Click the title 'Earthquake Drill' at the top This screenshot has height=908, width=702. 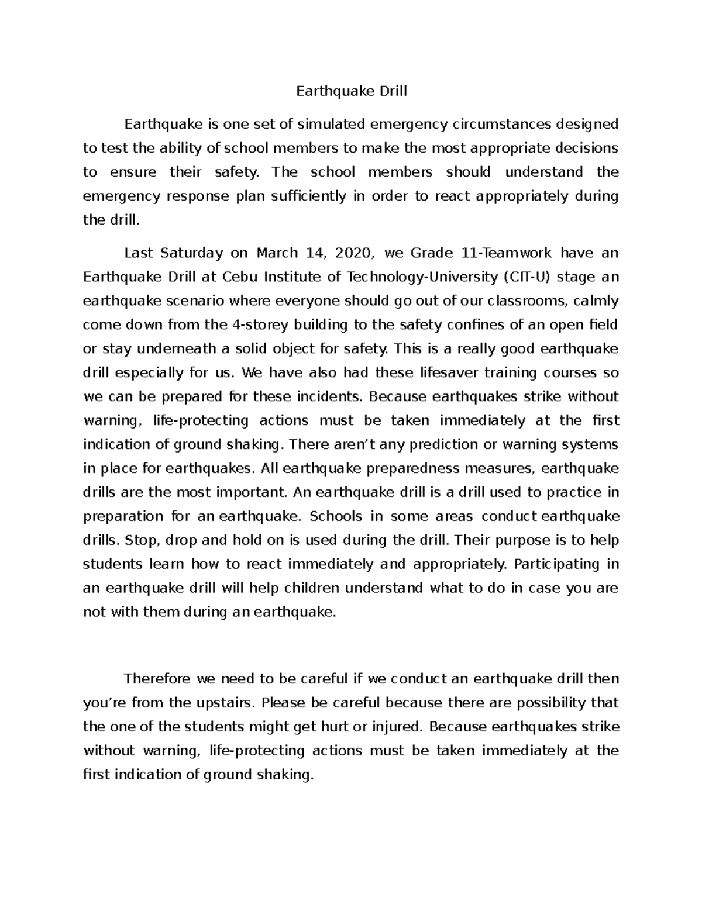click(351, 91)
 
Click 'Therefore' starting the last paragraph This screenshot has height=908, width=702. click(158, 679)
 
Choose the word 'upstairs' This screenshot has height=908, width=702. click(230, 702)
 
